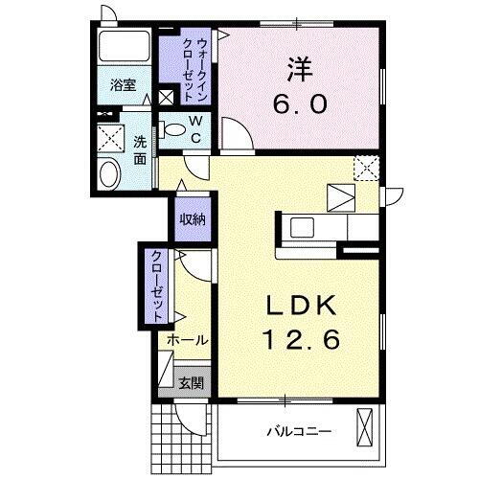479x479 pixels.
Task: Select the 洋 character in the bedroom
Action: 299,69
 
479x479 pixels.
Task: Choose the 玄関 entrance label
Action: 190,383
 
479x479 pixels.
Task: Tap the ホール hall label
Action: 188,340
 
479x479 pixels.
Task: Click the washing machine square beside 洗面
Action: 111,137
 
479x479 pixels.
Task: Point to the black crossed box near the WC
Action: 167,96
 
